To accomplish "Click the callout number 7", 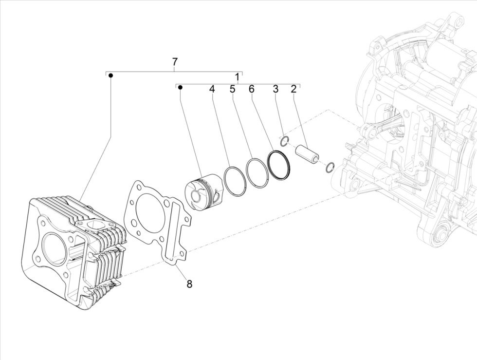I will coord(175,62).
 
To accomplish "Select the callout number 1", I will coord(237,77).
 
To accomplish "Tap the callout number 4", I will coord(212,89).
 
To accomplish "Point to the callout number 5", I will coord(232,89).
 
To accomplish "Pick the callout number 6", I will coord(251,89).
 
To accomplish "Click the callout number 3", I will coord(275,89).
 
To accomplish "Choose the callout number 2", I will coord(294,89).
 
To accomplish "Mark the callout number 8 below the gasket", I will coord(189,284).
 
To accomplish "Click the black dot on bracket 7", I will coord(110,76).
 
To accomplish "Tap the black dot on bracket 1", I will coord(180,88).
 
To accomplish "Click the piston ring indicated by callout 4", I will coord(235,181).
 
